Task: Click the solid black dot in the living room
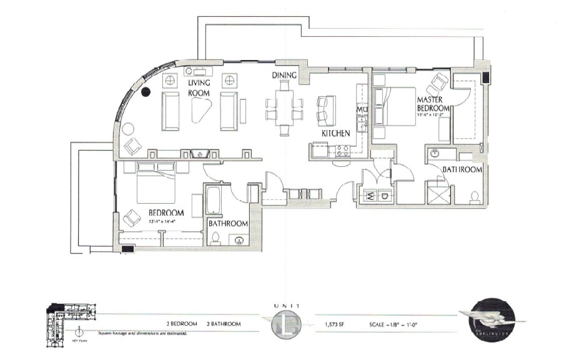coord(146,92)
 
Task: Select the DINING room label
coord(284,75)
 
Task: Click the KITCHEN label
coord(335,134)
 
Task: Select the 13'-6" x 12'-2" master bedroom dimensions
coord(432,114)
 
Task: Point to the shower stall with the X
coord(437,192)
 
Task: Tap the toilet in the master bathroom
coord(475,197)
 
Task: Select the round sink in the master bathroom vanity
coord(436,153)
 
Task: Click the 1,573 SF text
coord(335,324)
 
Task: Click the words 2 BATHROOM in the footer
coord(224,324)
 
